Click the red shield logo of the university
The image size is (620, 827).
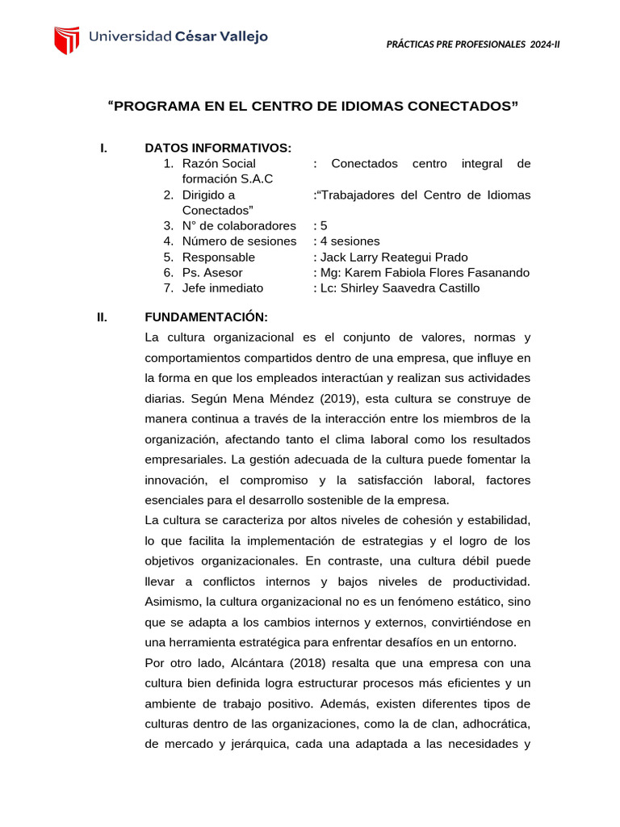[x=66, y=40]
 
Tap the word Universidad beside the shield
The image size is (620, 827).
[x=130, y=37]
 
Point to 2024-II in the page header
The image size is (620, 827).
[x=545, y=44]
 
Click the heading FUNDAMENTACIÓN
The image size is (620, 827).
[x=206, y=317]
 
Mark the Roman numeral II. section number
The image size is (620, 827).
[x=102, y=317]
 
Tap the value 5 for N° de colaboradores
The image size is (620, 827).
[x=324, y=226]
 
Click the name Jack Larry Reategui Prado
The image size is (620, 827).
[x=395, y=257]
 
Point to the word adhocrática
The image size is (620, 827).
[x=493, y=724]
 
